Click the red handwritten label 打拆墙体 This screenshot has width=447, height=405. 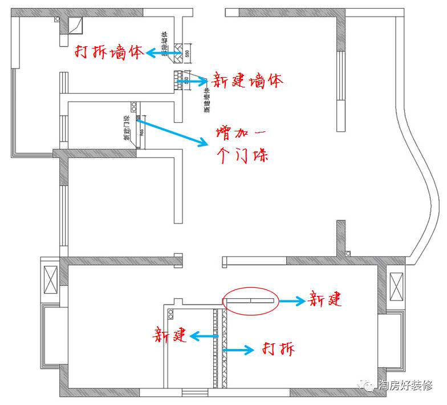coord(109,53)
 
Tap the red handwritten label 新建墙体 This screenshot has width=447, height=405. coord(247,81)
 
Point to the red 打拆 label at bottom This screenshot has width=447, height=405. coord(278,348)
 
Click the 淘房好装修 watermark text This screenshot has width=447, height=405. coord(406,384)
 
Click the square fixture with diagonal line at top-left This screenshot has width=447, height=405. coord(75,25)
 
